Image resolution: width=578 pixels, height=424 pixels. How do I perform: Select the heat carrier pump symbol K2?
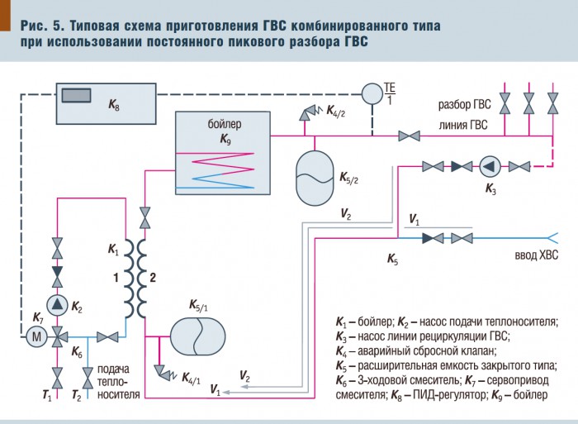[x=57, y=304]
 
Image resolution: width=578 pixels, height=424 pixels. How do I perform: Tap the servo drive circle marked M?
[x=36, y=336]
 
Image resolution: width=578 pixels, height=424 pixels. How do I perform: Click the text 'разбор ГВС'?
[x=464, y=106]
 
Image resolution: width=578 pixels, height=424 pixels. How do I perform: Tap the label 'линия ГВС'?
[x=463, y=126]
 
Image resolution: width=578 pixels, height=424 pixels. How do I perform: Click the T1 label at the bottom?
[x=47, y=397]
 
